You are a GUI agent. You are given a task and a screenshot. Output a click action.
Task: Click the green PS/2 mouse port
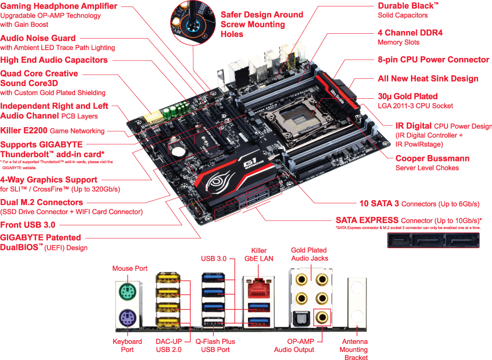[127, 292]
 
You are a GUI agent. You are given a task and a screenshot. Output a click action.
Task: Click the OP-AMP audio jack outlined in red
[322, 317]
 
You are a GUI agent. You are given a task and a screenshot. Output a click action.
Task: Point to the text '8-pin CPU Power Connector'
[434, 60]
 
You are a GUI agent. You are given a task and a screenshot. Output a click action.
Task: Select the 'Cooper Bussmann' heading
[432, 159]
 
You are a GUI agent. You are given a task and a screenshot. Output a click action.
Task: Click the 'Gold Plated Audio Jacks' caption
[309, 254]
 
